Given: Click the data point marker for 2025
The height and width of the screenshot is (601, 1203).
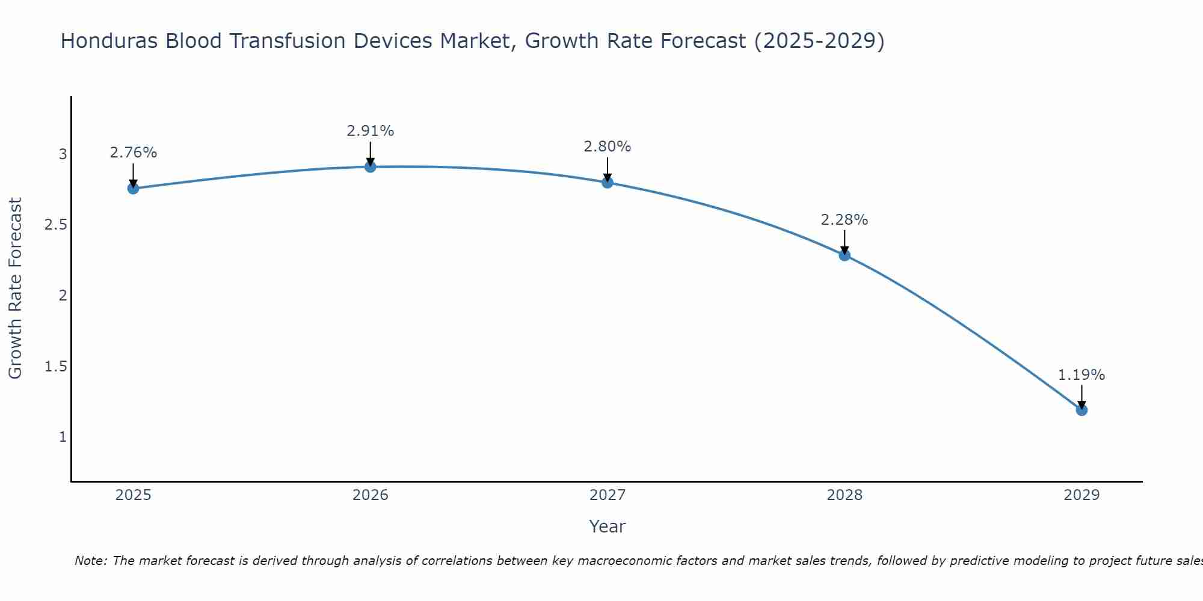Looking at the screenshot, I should pos(133,189).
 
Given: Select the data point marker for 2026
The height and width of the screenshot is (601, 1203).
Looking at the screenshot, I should pos(371,166).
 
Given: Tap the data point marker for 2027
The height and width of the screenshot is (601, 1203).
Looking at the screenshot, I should pos(608,182).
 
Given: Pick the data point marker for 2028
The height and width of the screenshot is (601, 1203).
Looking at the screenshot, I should pos(845,255).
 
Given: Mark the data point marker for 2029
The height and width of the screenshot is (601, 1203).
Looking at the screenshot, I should pos(1081,410).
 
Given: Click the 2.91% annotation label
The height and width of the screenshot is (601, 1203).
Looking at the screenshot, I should pos(371,130).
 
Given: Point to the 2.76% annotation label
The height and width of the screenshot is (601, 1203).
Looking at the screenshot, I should pos(133,153).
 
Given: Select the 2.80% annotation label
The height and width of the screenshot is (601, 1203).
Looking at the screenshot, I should pos(608,146).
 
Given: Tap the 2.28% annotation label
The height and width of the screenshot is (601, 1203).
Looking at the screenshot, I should pos(845,219).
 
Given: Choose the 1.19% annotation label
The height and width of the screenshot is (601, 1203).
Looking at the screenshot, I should pos(1081,374).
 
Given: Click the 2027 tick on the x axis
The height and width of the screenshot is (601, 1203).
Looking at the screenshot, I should pos(608,495).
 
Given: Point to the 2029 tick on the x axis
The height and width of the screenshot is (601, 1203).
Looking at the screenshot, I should pos(1081,495).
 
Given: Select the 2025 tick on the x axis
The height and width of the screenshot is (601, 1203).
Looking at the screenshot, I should pos(133,495).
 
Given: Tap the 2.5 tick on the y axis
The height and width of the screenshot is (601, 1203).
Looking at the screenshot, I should pos(55,225).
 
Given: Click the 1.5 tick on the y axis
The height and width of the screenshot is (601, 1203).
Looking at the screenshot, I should pos(55,366).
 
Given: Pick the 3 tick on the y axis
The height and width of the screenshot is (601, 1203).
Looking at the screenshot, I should pos(63,154).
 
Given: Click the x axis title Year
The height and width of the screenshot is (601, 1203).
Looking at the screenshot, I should pos(608,526).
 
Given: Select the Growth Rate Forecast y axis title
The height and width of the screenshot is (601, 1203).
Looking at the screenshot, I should pos(15,288).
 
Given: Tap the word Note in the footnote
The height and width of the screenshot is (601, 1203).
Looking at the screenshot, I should pos(90,561).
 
